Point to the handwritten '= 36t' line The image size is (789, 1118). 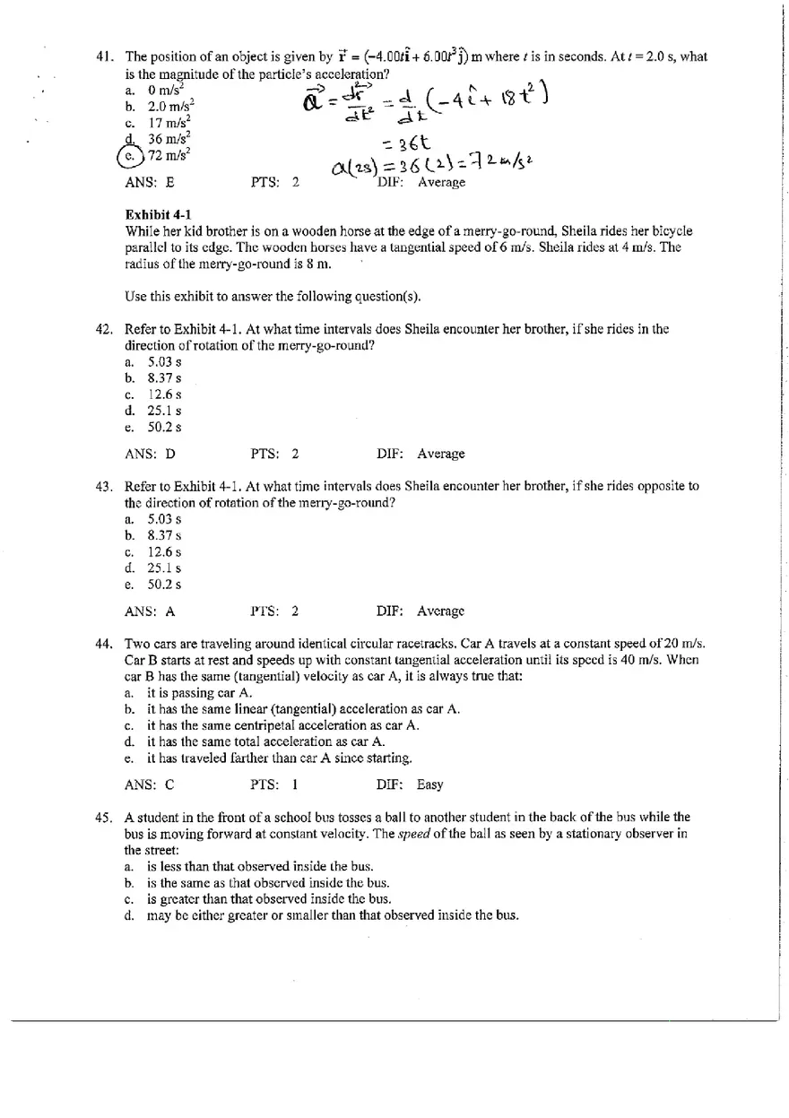(x=408, y=143)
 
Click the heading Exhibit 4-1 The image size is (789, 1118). (x=156, y=214)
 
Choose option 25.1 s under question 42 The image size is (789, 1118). (x=165, y=411)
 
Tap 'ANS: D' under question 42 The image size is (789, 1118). (x=150, y=454)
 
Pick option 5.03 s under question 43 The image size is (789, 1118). (x=165, y=519)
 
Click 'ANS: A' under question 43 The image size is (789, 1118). (x=150, y=611)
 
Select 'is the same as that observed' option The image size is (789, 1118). (x=268, y=882)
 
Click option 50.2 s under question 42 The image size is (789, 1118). (x=165, y=428)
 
